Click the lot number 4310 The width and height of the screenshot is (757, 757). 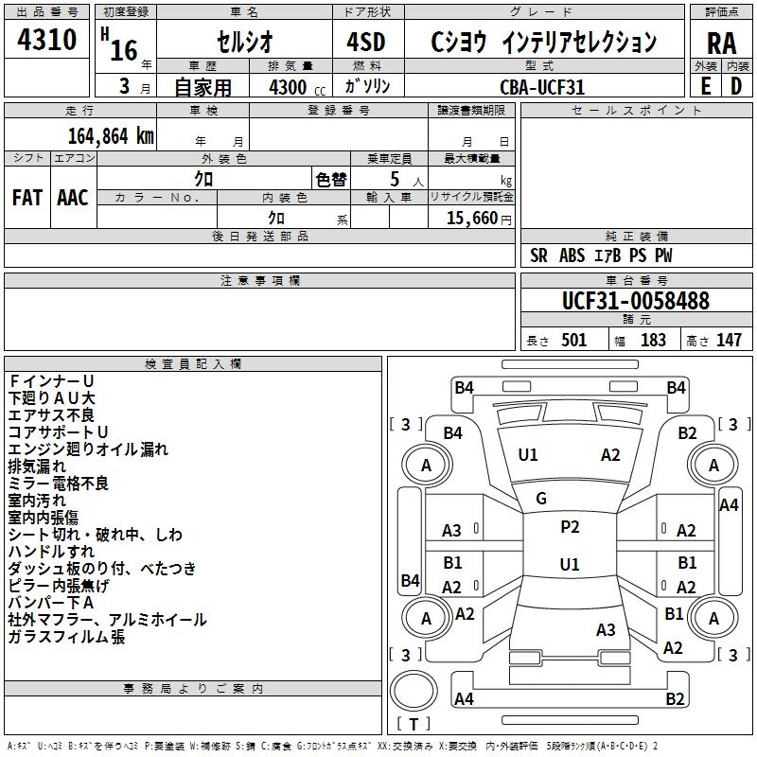point(47,41)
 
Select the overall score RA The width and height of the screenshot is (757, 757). point(721,44)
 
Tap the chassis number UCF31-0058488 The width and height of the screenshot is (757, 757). point(635,301)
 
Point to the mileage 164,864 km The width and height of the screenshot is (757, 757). point(111,135)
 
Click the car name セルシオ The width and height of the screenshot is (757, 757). point(243,43)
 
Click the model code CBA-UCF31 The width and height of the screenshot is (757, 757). point(542,86)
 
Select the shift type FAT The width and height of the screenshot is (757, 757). point(26,198)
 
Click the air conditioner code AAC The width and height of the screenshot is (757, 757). point(72,198)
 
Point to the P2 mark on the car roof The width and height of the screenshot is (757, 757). point(570,527)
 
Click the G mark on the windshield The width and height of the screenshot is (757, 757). point(541,499)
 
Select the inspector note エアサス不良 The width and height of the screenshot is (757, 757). point(51,414)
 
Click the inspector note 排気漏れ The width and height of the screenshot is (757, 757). point(37,466)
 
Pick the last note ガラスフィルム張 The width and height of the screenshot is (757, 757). point(66,637)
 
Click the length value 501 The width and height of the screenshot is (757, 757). point(574,341)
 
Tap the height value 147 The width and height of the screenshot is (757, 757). point(729,341)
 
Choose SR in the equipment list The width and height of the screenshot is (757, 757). point(539,255)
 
